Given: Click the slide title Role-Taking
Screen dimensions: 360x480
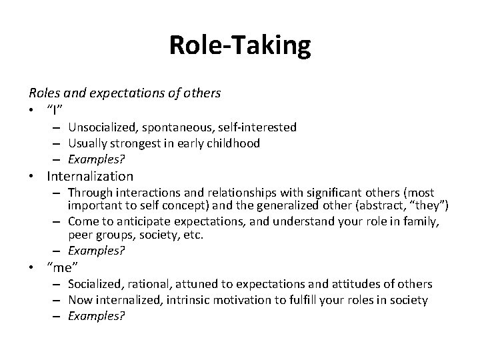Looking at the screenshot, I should coord(239,45).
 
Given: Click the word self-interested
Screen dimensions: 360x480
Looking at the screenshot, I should coord(257,127).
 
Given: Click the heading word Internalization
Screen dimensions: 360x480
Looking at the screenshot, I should coord(90,177).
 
